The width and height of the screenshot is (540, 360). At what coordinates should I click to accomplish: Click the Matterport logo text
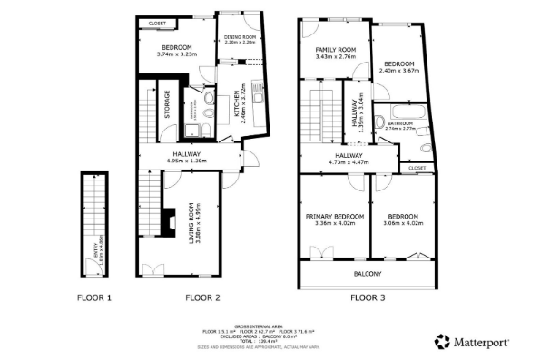[x=480, y=342]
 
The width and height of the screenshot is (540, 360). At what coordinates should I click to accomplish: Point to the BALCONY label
[x=368, y=274]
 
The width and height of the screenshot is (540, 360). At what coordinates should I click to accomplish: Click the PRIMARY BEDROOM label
[x=335, y=217]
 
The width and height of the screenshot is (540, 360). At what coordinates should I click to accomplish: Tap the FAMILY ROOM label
[x=335, y=50]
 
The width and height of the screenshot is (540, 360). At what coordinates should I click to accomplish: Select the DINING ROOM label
[x=241, y=37]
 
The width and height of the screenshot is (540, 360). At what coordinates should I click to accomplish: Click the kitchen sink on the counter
[x=257, y=92]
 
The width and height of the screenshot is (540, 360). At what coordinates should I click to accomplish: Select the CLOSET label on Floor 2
[x=157, y=22]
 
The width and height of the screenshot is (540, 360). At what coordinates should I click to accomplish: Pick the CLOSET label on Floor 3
[x=417, y=168]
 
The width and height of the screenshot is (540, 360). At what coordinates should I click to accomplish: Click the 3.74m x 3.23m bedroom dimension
[x=176, y=54]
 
